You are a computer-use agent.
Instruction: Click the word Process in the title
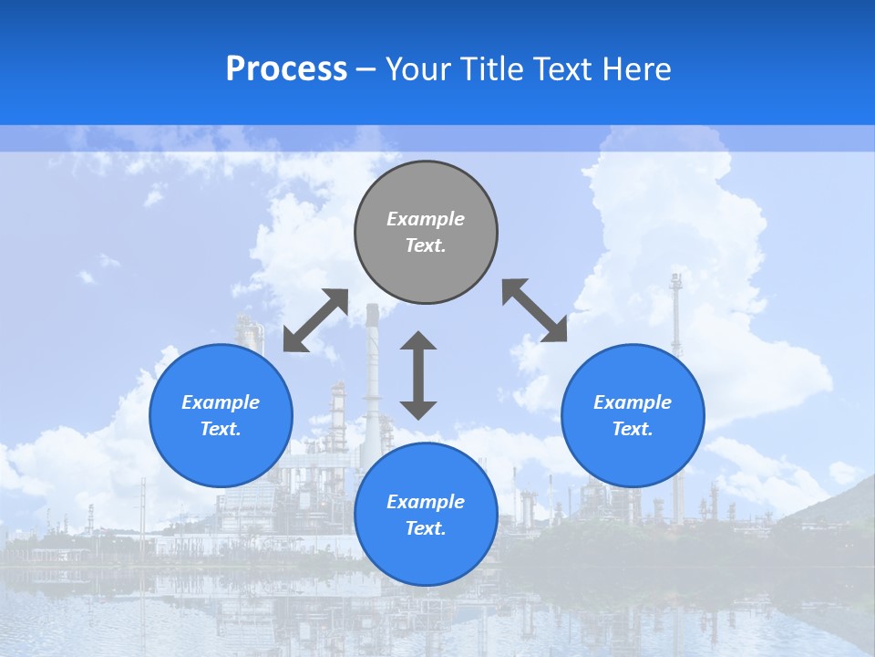point(286,69)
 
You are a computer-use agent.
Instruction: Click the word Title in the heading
point(492,69)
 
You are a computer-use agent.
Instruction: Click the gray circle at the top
point(426,233)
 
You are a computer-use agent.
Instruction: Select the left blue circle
point(221,415)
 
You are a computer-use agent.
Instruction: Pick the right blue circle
point(633,415)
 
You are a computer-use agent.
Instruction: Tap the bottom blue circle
point(426,515)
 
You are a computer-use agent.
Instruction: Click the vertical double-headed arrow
point(418,375)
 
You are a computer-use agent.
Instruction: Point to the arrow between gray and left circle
point(315,320)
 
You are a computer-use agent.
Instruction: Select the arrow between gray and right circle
point(534,310)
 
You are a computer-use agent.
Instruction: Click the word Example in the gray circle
point(426,219)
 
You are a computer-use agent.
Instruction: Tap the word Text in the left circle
point(221,429)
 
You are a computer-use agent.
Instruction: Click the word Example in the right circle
point(633,402)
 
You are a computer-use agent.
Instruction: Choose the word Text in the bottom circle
point(426,528)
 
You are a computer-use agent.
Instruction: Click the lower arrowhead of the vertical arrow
point(418,410)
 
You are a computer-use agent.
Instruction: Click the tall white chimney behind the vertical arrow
point(372,365)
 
